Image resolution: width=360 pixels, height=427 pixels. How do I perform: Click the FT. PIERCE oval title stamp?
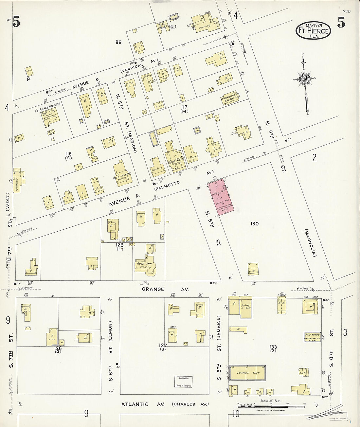click(x=313, y=31)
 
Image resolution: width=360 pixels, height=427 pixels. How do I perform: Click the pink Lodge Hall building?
click(x=222, y=196)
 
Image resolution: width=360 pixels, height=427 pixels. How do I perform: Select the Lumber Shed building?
click(x=247, y=373)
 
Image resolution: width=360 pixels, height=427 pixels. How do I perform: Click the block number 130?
click(x=254, y=224)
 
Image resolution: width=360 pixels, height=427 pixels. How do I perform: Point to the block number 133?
click(x=273, y=347)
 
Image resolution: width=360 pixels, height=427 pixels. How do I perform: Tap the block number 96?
click(x=118, y=42)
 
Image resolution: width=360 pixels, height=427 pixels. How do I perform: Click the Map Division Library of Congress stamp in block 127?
click(x=183, y=382)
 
